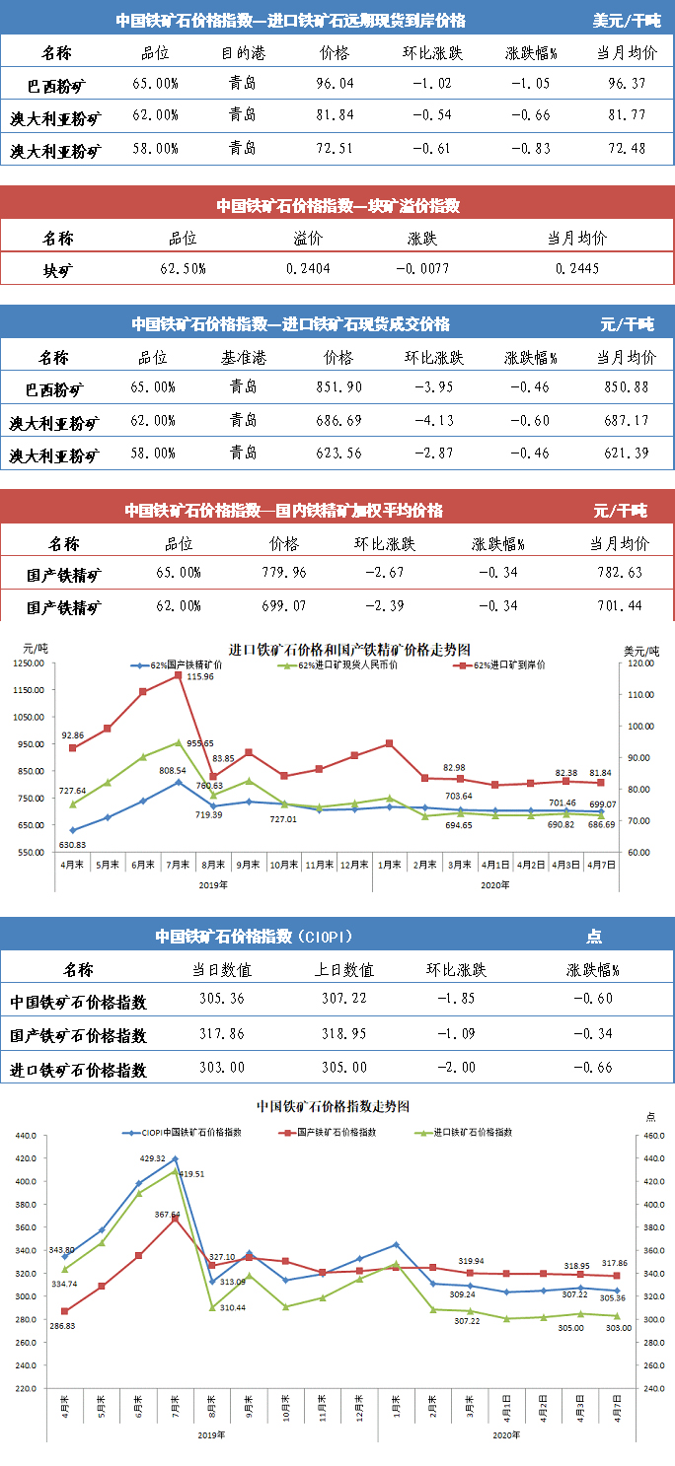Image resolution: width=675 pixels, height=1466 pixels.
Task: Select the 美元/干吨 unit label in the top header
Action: click(x=627, y=20)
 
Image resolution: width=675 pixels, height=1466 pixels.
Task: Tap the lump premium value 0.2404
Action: click(x=308, y=268)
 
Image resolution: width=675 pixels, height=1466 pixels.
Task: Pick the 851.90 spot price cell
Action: click(x=338, y=387)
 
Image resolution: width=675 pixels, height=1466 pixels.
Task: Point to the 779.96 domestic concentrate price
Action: click(x=283, y=572)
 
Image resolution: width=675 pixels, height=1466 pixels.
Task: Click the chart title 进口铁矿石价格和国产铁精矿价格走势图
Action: click(x=349, y=649)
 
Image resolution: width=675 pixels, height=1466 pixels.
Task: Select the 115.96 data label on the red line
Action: click(x=201, y=676)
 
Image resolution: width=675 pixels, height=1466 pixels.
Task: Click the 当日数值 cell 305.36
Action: click(x=223, y=999)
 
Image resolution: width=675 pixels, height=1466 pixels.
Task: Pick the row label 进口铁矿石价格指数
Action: click(x=78, y=1069)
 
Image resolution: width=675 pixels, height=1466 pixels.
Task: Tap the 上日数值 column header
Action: click(x=347, y=970)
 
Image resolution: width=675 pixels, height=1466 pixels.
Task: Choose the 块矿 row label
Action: click(x=57, y=268)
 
